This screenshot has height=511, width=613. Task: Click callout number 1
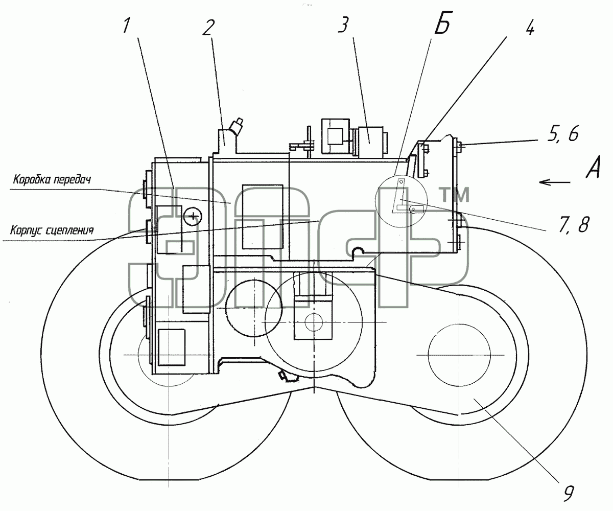click(x=126, y=26)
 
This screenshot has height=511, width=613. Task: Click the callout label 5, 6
click(x=563, y=134)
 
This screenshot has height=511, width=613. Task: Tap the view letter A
click(x=594, y=167)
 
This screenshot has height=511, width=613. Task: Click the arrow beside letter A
click(x=555, y=182)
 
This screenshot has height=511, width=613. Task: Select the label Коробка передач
click(x=52, y=180)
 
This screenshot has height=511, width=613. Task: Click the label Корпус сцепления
click(x=52, y=230)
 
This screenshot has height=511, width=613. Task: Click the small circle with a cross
click(x=193, y=217)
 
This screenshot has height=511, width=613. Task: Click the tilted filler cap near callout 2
click(x=237, y=126)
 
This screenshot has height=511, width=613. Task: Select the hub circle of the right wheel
click(x=459, y=355)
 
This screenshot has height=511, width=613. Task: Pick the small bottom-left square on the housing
click(x=172, y=347)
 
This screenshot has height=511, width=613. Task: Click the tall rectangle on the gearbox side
click(x=263, y=217)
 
